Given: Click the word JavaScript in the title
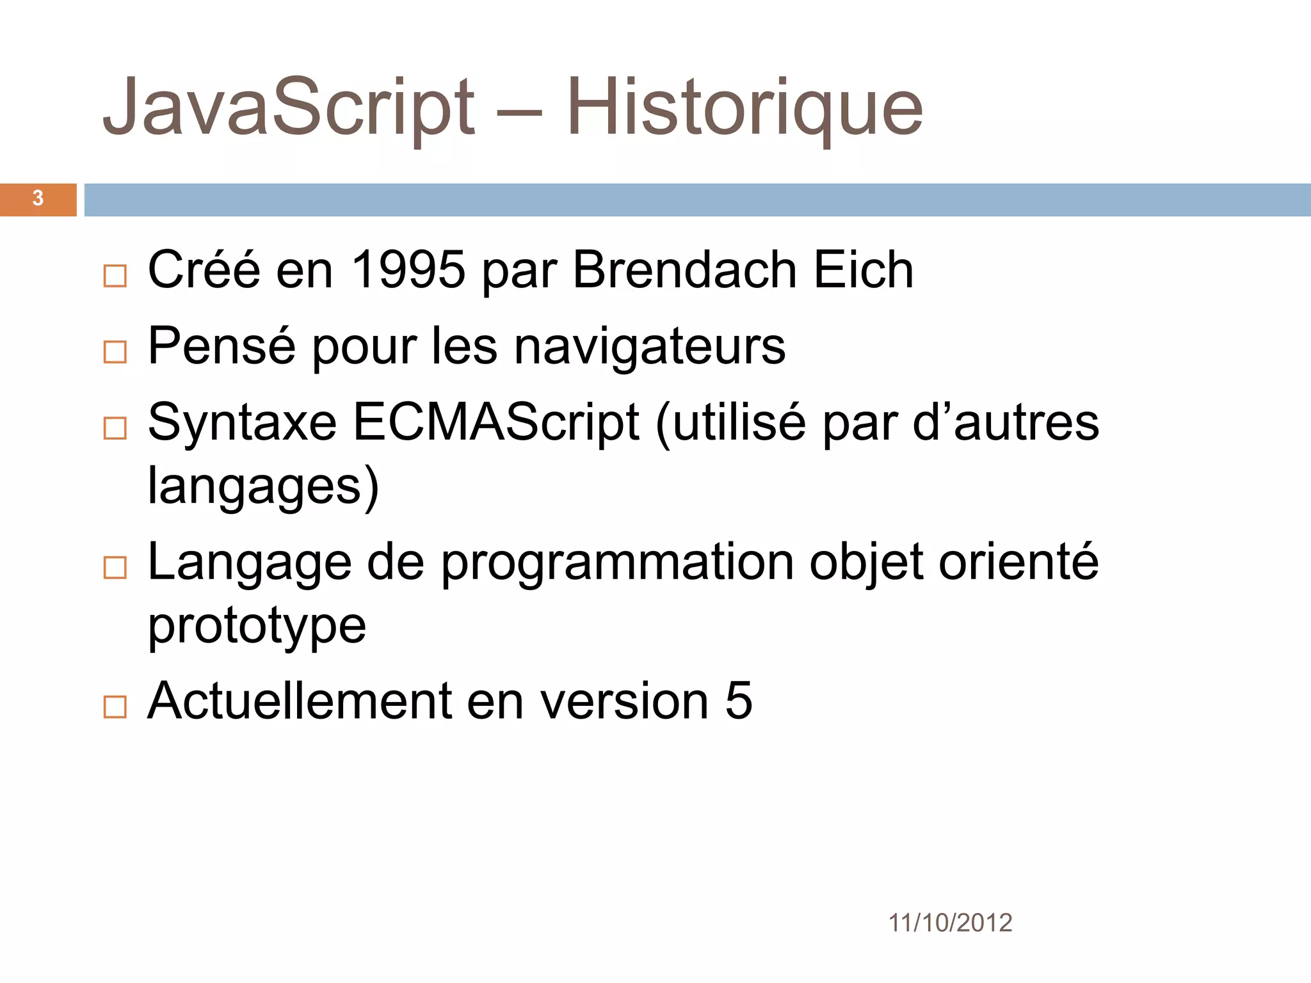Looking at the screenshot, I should point(288,108).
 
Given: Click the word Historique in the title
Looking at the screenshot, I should point(744,108).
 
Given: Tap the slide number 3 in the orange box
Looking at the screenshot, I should point(38,199).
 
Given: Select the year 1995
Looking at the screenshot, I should point(408,270).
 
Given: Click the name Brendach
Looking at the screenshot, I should point(684,270).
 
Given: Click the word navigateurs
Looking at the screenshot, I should point(649,347).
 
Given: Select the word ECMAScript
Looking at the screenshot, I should point(495,422).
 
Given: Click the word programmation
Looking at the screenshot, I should point(617,562).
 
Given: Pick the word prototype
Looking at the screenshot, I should point(257,626).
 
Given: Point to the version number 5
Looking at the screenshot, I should point(739,701).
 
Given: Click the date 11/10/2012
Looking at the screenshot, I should point(950,923).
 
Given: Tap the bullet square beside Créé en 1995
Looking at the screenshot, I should point(115,276).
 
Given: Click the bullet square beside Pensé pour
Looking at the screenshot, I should point(115,352).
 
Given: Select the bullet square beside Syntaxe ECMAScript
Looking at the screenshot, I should point(115,428).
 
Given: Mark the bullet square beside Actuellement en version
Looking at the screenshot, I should point(115,707).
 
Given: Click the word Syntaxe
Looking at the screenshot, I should point(242,422).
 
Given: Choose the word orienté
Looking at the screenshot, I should point(1018,562).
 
